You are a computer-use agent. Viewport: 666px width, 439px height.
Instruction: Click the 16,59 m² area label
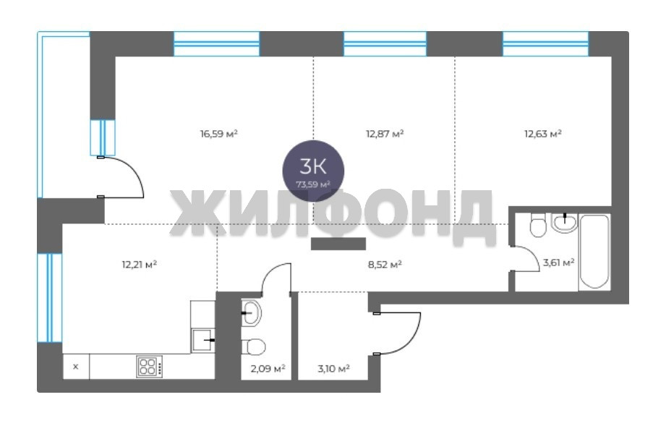[x=218, y=134]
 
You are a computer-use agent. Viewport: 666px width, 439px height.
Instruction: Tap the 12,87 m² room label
[x=385, y=134]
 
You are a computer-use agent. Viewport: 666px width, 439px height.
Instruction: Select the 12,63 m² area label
[x=543, y=134]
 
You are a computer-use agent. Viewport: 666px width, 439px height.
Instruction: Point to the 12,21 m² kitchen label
[x=140, y=265]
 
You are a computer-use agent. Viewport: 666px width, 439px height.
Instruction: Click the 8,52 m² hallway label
[x=385, y=265]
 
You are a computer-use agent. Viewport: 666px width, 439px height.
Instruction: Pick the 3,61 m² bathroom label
[x=558, y=263]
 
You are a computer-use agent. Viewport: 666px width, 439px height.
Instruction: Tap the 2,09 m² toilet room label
[x=268, y=368]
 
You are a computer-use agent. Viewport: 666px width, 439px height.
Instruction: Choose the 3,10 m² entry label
[x=333, y=368]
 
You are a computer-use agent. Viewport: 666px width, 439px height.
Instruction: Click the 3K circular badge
[x=313, y=171]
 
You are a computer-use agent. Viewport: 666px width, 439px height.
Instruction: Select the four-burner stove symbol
[x=149, y=367]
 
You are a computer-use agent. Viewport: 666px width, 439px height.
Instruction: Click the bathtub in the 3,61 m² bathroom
[x=594, y=252]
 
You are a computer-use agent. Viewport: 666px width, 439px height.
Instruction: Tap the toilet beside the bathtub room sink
[x=538, y=225]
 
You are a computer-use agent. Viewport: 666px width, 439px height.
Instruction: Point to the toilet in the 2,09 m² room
[x=254, y=346]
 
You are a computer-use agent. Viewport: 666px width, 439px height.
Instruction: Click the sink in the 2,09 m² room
[x=251, y=312]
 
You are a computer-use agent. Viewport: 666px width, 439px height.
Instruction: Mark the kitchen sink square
[x=202, y=340]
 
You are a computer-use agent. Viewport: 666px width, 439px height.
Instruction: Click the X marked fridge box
[x=76, y=367]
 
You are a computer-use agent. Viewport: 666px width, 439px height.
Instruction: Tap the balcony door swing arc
[x=133, y=169]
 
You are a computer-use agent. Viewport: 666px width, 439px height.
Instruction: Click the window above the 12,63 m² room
[x=546, y=44]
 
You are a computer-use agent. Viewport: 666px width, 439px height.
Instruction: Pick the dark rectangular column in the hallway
[x=338, y=244]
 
